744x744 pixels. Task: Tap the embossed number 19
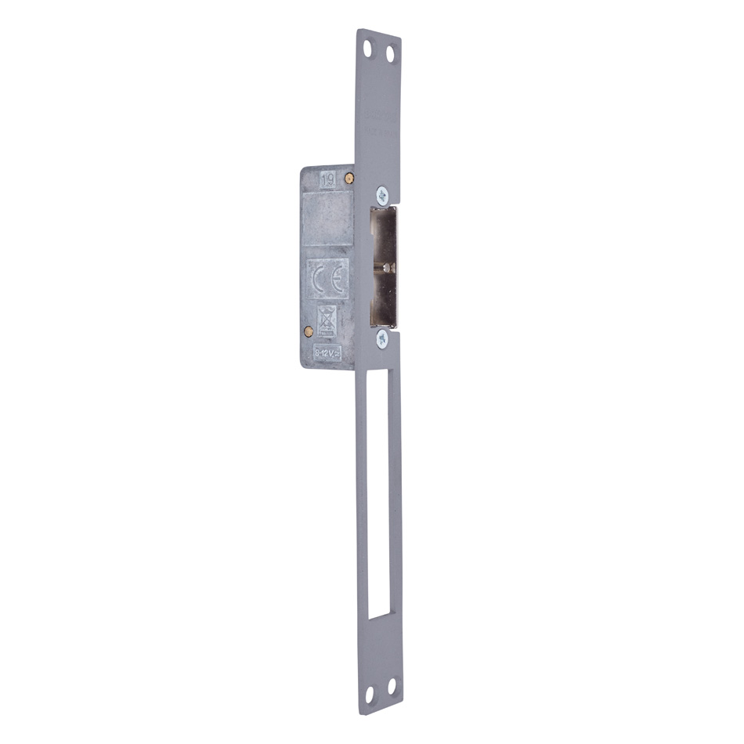point(328,179)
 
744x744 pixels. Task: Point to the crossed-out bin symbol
point(327,320)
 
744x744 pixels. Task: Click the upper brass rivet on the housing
point(353,178)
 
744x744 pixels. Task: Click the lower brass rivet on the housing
point(306,330)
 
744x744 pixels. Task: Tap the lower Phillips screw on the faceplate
point(381,338)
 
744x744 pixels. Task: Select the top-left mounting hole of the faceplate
point(368,51)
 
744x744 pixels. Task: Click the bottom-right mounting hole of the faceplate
point(392,688)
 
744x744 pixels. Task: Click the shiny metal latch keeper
point(384,266)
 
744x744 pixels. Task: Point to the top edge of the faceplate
point(379,33)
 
